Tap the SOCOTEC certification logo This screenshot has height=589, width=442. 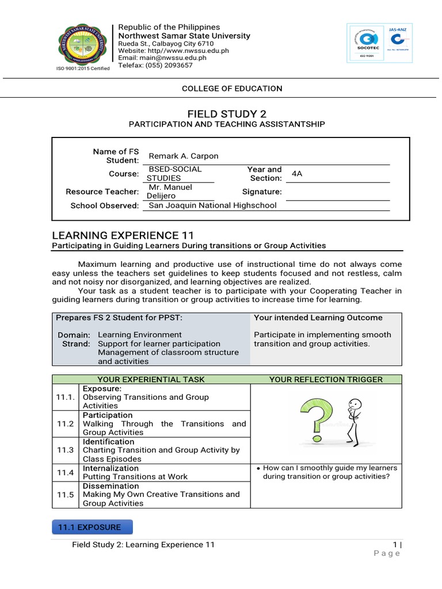[x=367, y=45]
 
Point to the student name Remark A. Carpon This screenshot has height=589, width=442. [x=184, y=156]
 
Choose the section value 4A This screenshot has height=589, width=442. [x=298, y=173]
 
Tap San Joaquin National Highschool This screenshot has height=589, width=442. [x=212, y=205]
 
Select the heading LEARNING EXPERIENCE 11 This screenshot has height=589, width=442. [x=123, y=235]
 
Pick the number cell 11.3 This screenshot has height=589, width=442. [x=65, y=450]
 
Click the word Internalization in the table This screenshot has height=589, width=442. [x=111, y=468]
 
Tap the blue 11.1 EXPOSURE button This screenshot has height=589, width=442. [x=92, y=527]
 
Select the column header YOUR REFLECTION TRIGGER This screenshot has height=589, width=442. [x=326, y=379]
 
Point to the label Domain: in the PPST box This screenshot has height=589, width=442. [x=74, y=335]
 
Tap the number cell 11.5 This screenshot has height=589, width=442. [x=65, y=495]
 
